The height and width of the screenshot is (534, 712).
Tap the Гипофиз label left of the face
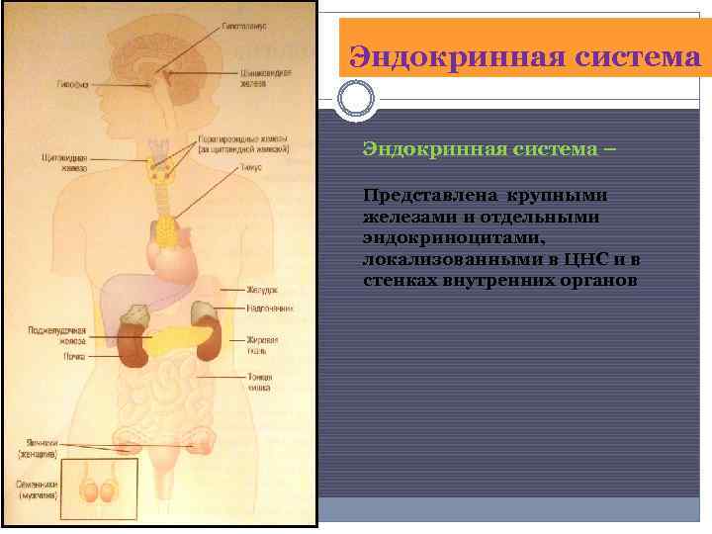click(x=71, y=85)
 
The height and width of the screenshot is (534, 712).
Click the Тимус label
click(x=249, y=169)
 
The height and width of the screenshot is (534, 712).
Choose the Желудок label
click(x=261, y=291)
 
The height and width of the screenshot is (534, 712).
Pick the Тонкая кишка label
click(x=259, y=383)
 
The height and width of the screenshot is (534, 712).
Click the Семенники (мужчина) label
click(x=36, y=489)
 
